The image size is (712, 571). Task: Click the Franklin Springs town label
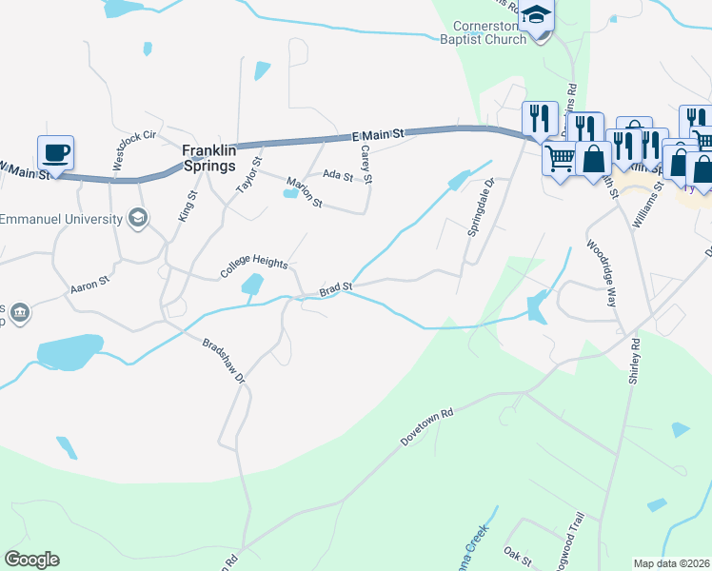point(209,157)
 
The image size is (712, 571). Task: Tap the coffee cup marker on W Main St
point(55,152)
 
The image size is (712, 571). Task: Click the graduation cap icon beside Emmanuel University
point(138,219)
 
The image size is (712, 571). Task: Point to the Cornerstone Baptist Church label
point(483,33)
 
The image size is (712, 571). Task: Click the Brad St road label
point(336,287)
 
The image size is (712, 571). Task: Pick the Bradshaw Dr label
point(225,359)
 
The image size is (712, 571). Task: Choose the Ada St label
point(338,175)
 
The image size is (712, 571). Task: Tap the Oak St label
point(517,552)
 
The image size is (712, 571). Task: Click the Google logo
point(31,560)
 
